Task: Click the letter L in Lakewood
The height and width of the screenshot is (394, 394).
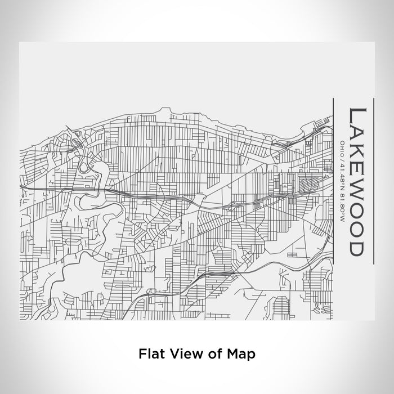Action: [358, 115]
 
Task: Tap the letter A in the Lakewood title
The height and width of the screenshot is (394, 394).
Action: [358, 133]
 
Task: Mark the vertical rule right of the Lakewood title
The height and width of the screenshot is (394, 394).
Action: [375, 180]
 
